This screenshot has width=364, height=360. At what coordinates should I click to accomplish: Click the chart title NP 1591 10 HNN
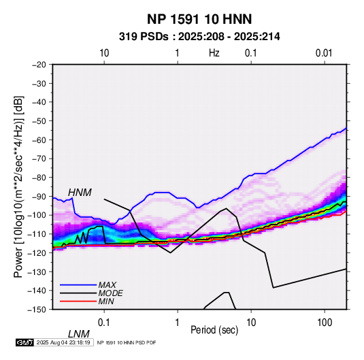pos(199,19)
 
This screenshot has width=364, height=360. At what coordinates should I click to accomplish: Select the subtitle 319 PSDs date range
pos(199,37)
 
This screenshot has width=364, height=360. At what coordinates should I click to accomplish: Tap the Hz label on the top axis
pos(214,53)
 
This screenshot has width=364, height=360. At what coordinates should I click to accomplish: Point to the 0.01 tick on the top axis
pos(324,53)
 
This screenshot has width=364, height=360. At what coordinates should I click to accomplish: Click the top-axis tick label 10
pos(104,53)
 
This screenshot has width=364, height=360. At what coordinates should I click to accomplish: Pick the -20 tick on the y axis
pos(39,65)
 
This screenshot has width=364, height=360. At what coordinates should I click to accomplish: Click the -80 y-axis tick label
pos(39,178)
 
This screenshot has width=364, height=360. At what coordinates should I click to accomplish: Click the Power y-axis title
pos(18,186)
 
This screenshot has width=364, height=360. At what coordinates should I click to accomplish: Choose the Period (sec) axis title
pos(214,330)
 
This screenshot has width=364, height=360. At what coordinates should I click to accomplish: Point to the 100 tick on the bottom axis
pos(325,323)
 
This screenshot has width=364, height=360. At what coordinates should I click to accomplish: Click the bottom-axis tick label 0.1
pos(104,323)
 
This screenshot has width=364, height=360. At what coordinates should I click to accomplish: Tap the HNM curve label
pos(80,193)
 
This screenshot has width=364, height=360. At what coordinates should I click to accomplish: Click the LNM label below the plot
pos(79,334)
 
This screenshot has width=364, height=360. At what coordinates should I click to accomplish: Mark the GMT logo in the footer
pos(25,342)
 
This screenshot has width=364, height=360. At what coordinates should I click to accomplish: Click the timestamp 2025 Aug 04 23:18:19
pos(63,342)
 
